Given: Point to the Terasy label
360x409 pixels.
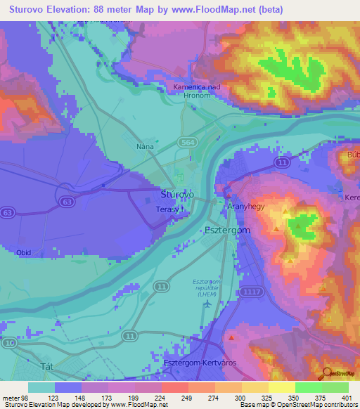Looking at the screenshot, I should pos(168,209).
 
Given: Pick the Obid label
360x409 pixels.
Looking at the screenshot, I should pos(23,252).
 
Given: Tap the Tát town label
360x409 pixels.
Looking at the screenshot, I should pos(48,367).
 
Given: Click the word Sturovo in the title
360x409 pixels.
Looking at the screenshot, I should pos(30,11).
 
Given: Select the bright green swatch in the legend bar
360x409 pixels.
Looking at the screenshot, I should pos(308,387).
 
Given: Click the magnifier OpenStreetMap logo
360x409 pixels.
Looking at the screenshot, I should pos(327,373).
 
